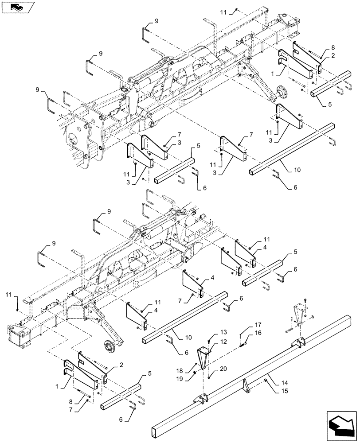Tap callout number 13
(223, 332)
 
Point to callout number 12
(223, 342)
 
